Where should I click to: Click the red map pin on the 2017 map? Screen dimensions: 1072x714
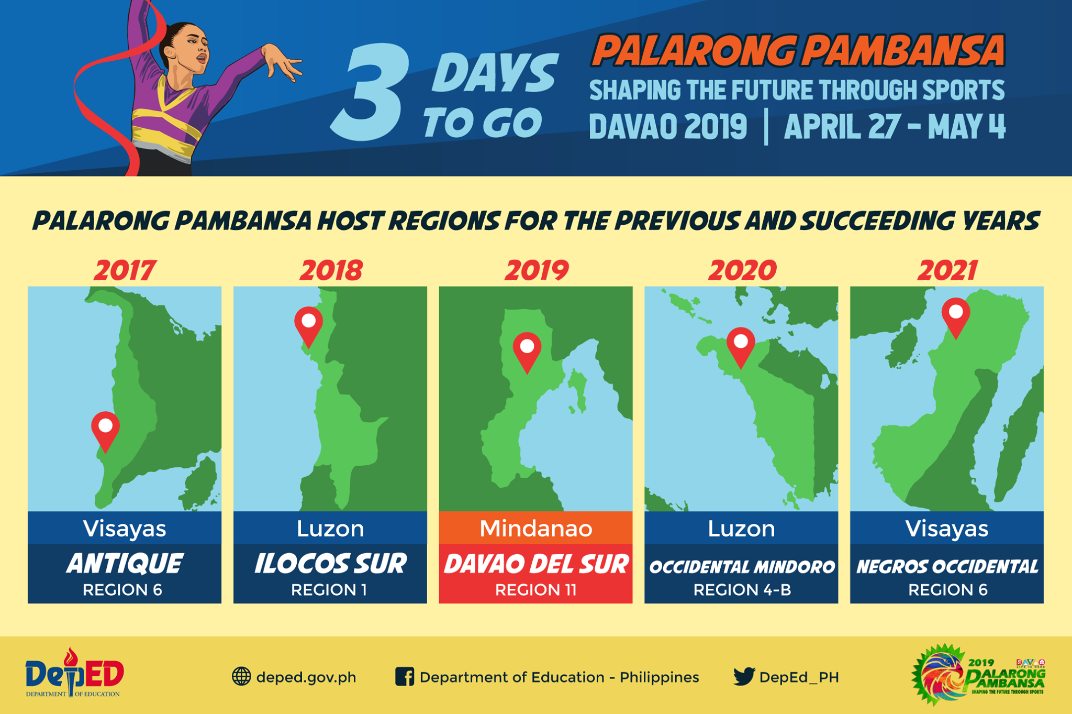[105, 431]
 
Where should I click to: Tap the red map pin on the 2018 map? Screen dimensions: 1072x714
[308, 326]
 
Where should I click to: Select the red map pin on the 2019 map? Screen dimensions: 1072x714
[527, 351]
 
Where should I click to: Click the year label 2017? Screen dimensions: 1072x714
[125, 270]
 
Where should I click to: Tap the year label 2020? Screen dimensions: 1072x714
[742, 270]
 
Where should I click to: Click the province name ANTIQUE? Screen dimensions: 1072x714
[125, 564]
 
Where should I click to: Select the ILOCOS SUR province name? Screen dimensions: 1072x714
[330, 564]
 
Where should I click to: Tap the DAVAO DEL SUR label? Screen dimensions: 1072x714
[536, 564]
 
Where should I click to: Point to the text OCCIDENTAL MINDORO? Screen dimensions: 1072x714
[742, 567]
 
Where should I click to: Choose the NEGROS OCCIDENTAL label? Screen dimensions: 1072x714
[947, 567]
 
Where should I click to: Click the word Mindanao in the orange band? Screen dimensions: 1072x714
[536, 529]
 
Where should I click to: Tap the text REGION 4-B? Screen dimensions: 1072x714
[742, 590]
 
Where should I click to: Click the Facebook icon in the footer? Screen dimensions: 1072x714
[405, 677]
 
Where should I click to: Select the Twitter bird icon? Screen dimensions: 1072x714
[744, 676]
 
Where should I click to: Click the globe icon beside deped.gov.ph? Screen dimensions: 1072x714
[241, 677]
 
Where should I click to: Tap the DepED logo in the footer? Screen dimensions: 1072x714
[74, 673]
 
